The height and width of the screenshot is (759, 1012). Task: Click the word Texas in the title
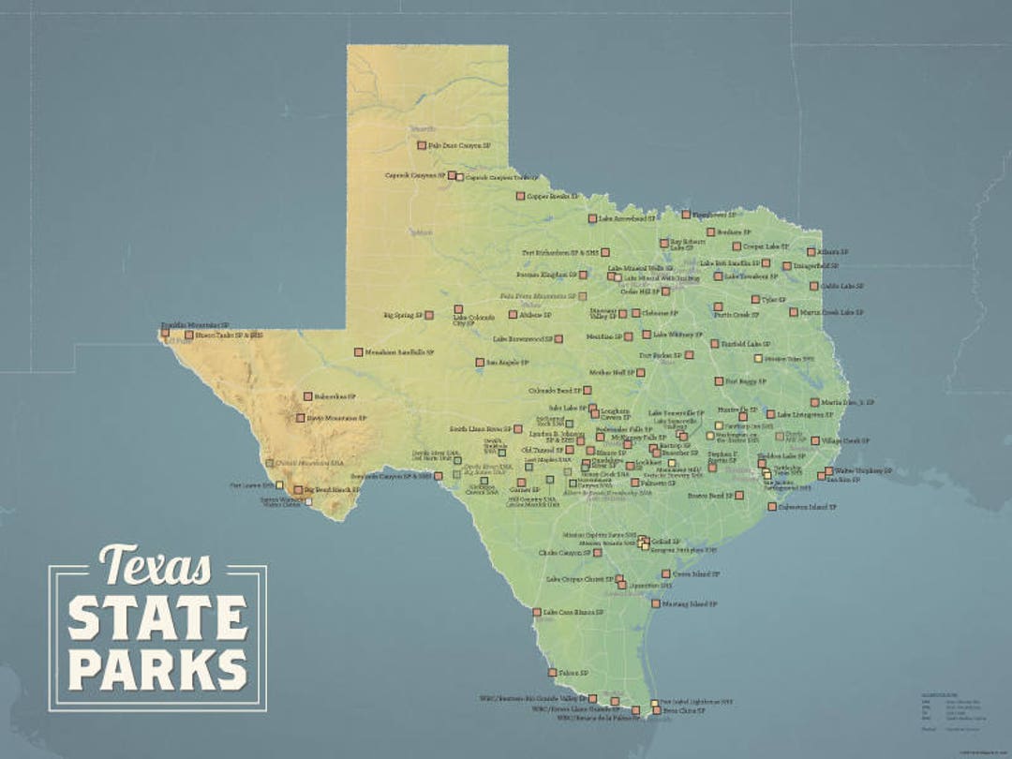156,565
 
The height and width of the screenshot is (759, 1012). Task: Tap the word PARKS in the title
156,669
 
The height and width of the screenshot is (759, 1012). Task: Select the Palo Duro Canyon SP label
459,146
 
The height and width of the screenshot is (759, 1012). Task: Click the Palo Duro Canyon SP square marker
422,145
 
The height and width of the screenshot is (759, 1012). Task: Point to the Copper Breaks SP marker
520,196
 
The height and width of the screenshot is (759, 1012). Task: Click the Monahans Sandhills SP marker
358,352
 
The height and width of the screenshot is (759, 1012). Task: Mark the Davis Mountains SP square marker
301,418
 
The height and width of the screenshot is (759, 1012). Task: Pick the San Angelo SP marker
480,362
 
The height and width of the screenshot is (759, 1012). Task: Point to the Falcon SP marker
553,673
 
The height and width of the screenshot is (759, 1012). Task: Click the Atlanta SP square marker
811,251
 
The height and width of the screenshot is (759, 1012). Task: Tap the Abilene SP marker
513,315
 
